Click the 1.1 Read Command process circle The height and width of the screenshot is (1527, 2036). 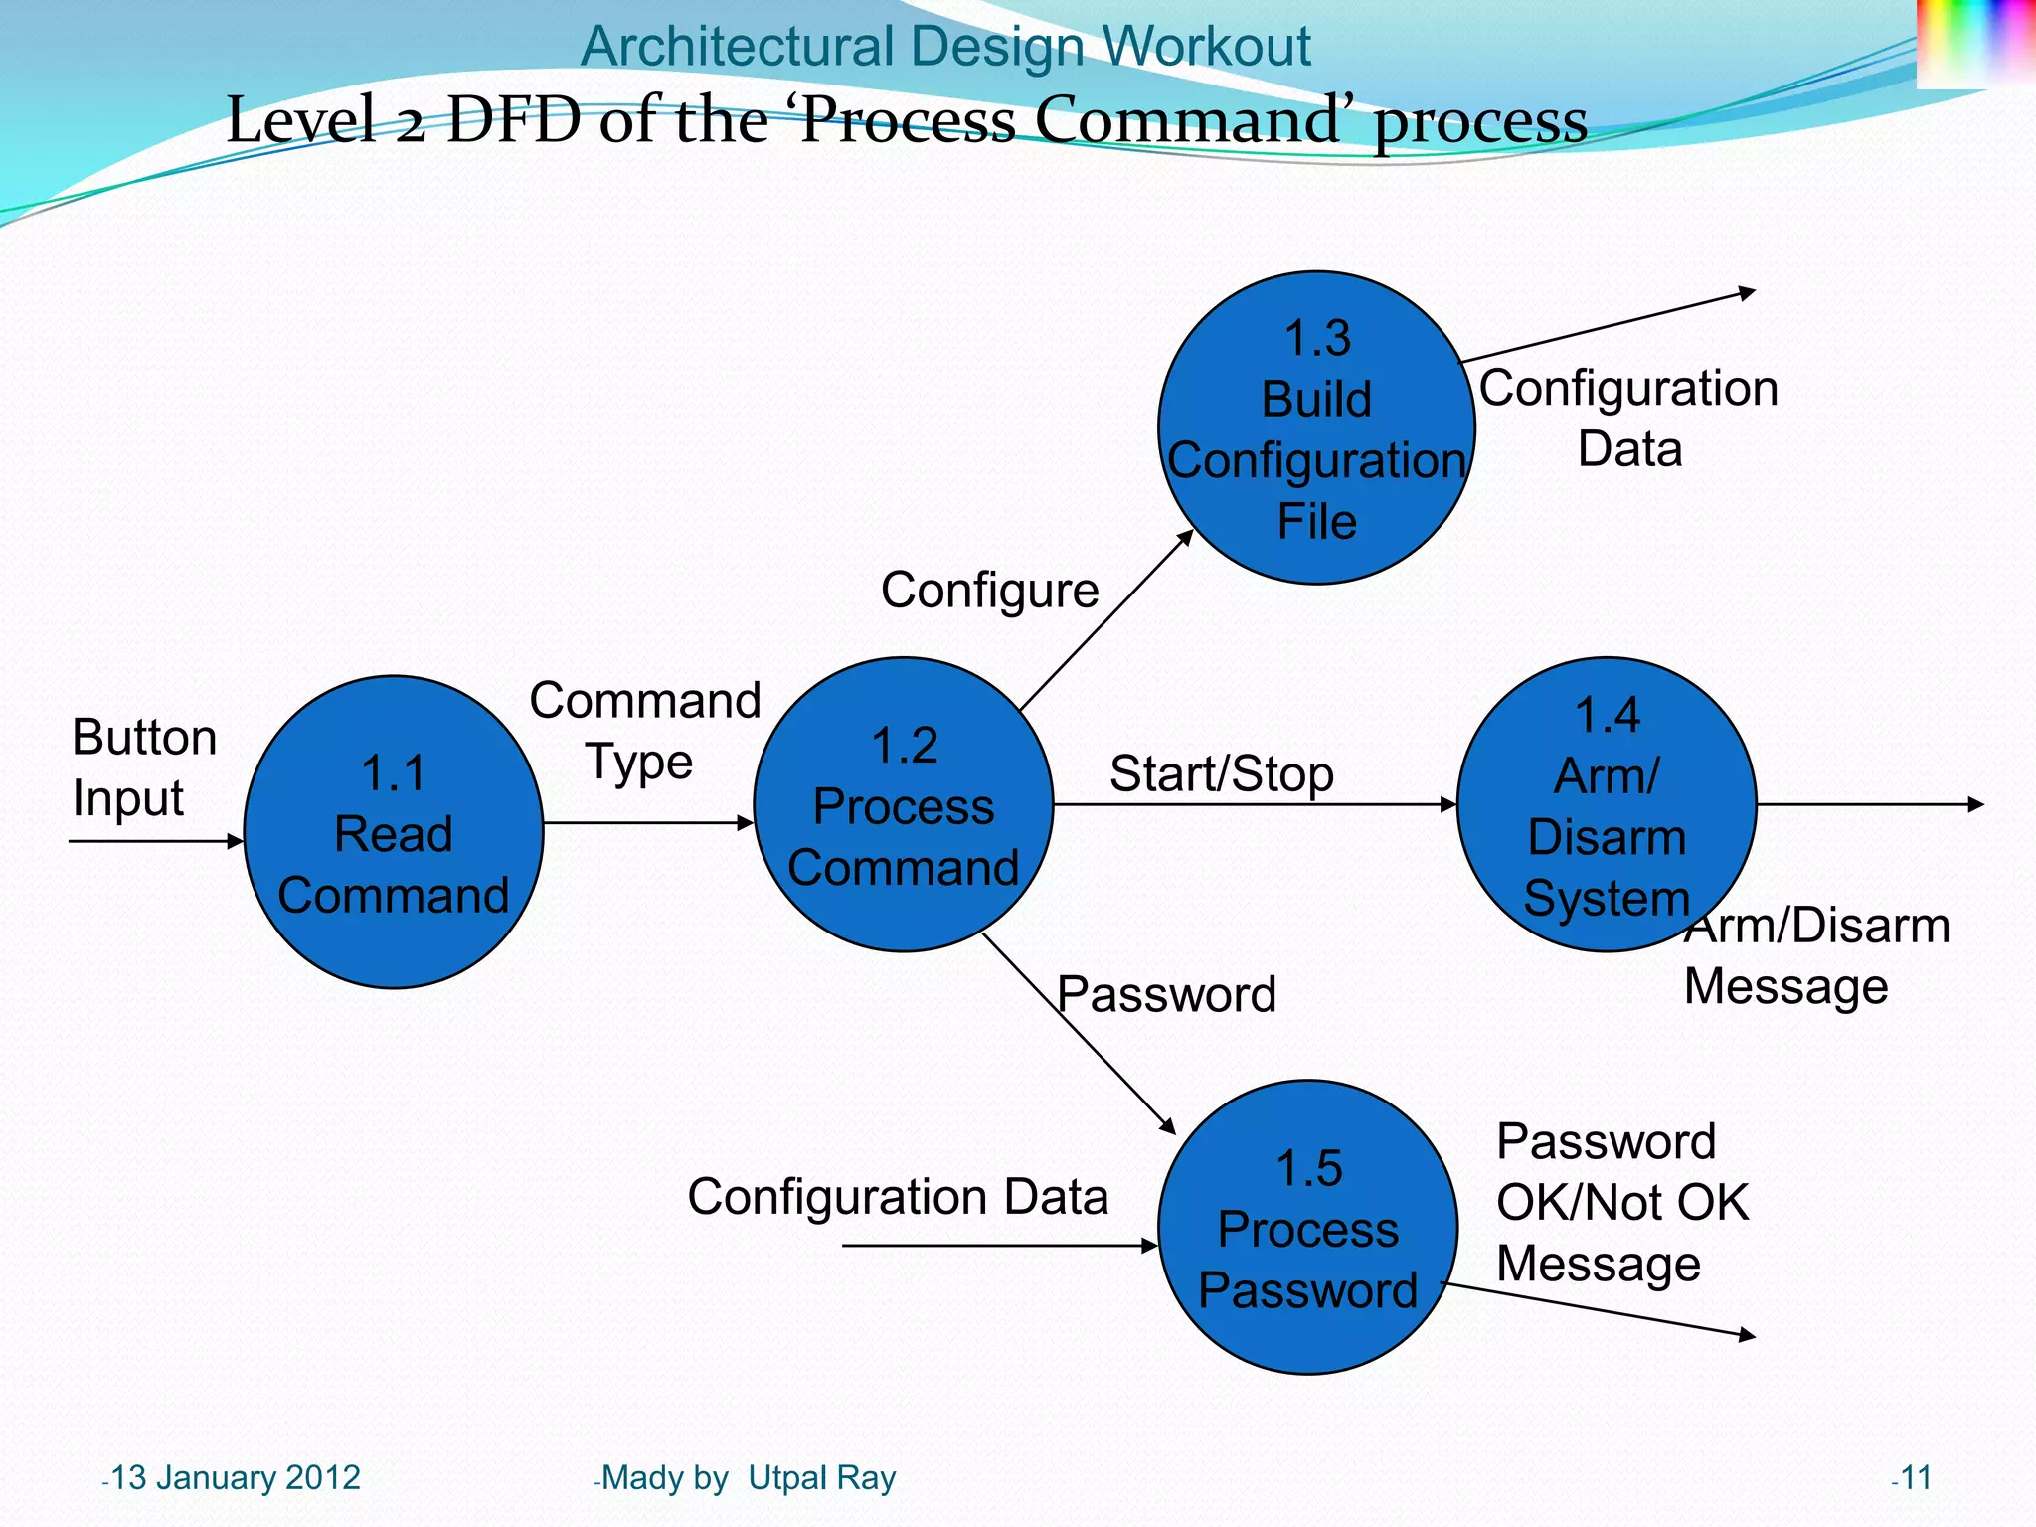coord(394,832)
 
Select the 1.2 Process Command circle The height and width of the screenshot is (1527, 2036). coord(903,804)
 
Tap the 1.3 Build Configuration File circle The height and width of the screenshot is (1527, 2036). coord(1316,428)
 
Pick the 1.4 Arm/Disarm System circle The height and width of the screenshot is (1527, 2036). coord(1606,804)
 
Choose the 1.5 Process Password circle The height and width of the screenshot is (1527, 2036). coord(1307,1228)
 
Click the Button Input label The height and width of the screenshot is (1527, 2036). coord(143,767)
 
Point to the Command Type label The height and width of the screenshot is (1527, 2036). coord(644,731)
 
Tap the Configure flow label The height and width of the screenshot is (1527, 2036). coord(989,591)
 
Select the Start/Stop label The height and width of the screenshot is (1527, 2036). coord(1221,773)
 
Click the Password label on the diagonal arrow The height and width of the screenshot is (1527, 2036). coord(1166,994)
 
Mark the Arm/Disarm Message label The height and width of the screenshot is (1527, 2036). coord(1815,956)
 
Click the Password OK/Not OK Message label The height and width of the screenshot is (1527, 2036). coord(1620,1202)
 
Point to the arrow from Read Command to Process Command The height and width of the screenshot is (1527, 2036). coord(648,823)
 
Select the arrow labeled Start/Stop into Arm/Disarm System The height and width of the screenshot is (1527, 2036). coord(1253,804)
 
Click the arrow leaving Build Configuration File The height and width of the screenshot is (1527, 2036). coord(1606,327)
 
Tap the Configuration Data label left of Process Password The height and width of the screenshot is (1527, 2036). coord(897,1196)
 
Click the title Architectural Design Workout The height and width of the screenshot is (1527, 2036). coord(944,46)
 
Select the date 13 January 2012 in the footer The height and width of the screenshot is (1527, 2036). coord(234,1477)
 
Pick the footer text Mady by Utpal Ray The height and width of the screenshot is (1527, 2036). coord(748,1477)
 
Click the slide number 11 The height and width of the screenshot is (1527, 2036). coord(1914,1477)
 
